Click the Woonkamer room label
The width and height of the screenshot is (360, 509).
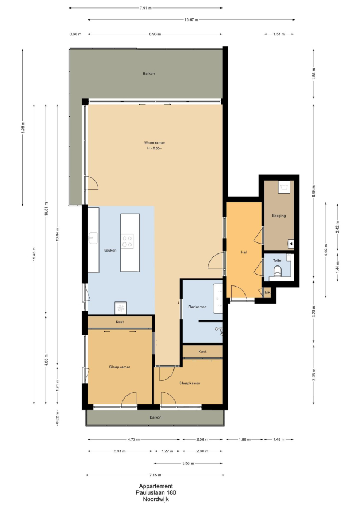tap(155, 142)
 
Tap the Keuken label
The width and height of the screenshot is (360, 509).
tap(110, 250)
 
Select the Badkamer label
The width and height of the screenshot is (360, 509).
tap(197, 307)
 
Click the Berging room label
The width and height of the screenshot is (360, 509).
tap(279, 216)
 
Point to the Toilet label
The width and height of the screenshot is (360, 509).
tap(278, 260)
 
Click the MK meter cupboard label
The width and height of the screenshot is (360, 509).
tap(267, 292)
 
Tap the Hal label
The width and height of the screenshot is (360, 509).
tap(244, 252)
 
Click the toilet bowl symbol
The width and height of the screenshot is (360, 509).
tap(278, 271)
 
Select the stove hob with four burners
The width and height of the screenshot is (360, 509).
tap(127, 241)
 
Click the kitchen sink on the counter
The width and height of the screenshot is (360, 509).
tap(93, 237)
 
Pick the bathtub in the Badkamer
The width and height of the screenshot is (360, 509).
tap(217, 299)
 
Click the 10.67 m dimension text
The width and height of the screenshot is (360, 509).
tap(191, 20)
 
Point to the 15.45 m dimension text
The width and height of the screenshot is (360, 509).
tap(34, 253)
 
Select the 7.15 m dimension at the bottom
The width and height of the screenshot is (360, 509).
tap(155, 475)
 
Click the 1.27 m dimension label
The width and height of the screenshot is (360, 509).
tap(167, 451)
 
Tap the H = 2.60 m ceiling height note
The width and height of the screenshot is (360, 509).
tap(155, 148)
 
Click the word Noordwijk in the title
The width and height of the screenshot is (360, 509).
tap(156, 500)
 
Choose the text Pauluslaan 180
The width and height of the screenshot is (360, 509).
tap(156, 493)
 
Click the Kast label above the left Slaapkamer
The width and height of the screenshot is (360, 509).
tap(120, 322)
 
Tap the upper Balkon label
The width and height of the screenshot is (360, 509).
tap(149, 74)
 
